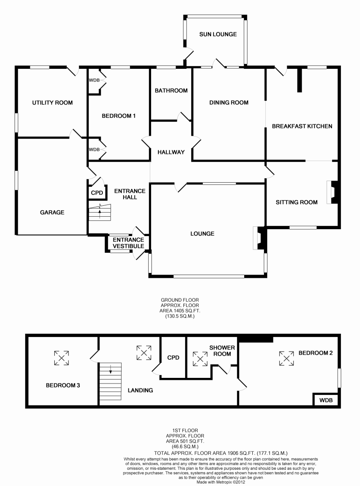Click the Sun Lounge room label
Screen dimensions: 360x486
click(x=217, y=34)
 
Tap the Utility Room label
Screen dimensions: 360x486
click(x=52, y=103)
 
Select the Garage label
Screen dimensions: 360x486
click(x=52, y=212)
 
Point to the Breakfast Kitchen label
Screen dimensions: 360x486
click(x=302, y=126)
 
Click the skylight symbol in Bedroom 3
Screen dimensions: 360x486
click(x=62, y=358)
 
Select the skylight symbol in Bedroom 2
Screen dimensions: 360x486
click(x=286, y=358)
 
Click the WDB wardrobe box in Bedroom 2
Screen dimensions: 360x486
click(x=326, y=400)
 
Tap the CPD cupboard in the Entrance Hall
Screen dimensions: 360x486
click(x=97, y=193)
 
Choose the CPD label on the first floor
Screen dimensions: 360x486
click(x=173, y=358)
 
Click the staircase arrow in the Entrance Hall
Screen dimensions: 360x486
click(x=100, y=212)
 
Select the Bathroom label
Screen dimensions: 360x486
click(x=171, y=90)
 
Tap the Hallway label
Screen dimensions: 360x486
click(x=171, y=152)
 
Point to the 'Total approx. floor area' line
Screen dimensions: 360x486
click(x=221, y=453)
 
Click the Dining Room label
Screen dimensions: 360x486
click(x=229, y=102)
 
